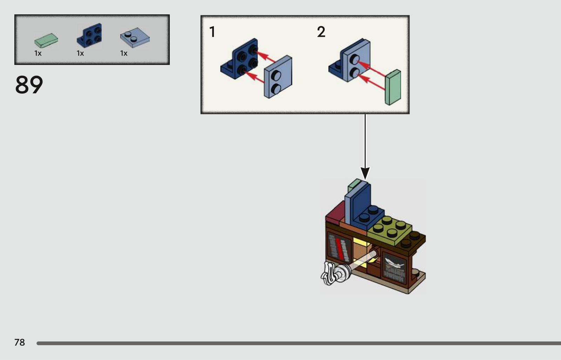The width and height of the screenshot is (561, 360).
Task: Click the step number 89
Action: (29, 85)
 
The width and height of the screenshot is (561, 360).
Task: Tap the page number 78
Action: (20, 342)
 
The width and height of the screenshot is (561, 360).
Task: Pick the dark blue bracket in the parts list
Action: (89, 36)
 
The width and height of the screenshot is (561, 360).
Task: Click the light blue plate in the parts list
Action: (135, 38)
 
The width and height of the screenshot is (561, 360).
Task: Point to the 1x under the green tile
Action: (38, 53)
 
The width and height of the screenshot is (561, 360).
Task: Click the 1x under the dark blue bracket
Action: (80, 53)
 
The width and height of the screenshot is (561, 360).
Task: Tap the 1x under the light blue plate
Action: (124, 53)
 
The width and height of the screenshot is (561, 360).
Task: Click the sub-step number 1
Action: (212, 32)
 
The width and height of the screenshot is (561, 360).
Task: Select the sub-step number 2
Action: (321, 32)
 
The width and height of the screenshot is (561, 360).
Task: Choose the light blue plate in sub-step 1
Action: (278, 77)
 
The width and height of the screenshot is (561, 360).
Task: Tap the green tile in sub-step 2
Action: (393, 87)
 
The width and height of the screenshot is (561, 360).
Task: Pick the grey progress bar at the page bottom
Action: (298, 343)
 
